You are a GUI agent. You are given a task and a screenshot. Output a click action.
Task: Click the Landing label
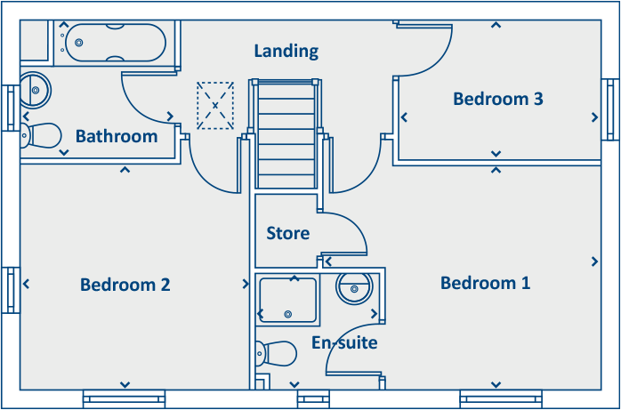pyautogui.click(x=286, y=51)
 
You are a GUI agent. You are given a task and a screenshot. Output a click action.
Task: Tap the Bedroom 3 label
pyautogui.click(x=497, y=99)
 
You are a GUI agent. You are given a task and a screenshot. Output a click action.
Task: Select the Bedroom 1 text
pyautogui.click(x=485, y=284)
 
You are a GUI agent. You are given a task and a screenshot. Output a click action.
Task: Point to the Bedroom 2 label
pyautogui.click(x=125, y=285)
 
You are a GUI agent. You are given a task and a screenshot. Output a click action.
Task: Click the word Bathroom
pyautogui.click(x=117, y=136)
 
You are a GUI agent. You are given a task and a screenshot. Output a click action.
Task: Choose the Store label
pyautogui.click(x=288, y=233)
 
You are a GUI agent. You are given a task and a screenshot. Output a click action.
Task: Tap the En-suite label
pyautogui.click(x=344, y=342)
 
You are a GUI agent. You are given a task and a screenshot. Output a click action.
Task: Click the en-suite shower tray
pyautogui.click(x=287, y=300)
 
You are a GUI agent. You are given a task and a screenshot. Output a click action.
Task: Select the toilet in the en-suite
pyautogui.click(x=277, y=353)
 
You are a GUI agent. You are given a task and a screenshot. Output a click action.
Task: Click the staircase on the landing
pyautogui.click(x=286, y=133)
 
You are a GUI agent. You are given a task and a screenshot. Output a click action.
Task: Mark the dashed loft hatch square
pyautogui.click(x=214, y=105)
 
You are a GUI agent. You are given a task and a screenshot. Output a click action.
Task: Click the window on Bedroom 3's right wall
pyautogui.click(x=610, y=109)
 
